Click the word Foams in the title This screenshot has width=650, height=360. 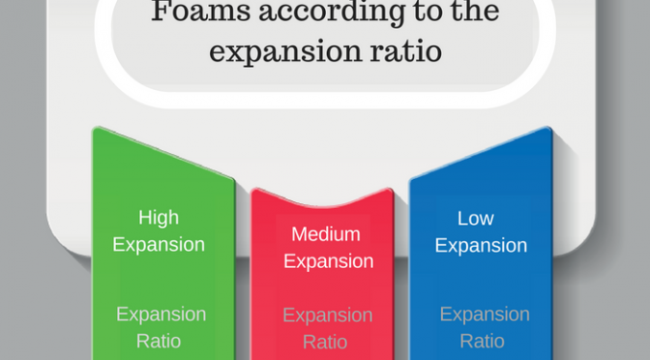point(200,12)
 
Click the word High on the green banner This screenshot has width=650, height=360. point(159,218)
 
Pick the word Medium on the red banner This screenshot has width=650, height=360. point(325,234)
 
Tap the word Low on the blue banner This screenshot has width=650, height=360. point(476,218)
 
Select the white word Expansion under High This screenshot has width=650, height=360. point(159,245)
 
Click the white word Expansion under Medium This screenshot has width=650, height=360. point(328,261)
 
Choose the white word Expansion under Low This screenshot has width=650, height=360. point(481,246)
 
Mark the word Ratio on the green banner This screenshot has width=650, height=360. point(159,342)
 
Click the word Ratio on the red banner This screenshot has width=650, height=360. point(325,343)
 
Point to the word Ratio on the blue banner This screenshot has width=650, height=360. point(482,342)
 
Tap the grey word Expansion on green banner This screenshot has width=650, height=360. point(161,315)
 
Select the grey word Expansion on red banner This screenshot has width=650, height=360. point(328,315)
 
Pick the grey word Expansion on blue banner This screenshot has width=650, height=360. point(485,315)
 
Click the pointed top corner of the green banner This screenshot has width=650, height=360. point(96,128)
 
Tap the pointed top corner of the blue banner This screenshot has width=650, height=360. point(548,128)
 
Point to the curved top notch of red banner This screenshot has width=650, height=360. point(322,204)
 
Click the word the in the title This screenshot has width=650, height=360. point(474,12)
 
